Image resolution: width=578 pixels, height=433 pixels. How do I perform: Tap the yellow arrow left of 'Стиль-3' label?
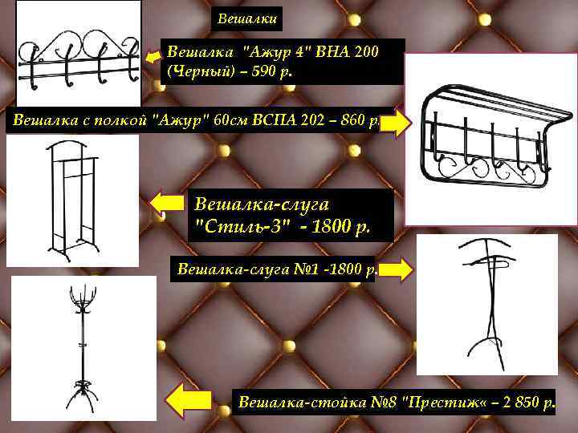[x=169, y=204]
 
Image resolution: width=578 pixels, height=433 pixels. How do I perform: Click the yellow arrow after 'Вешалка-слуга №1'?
[x=398, y=269]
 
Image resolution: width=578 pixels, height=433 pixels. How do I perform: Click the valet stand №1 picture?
[x=486, y=305]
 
